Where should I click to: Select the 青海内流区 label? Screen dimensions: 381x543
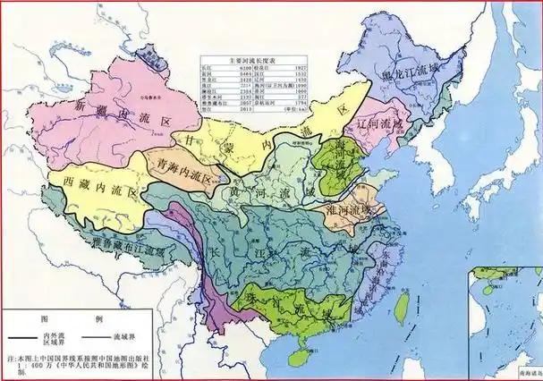tap(182, 167)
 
